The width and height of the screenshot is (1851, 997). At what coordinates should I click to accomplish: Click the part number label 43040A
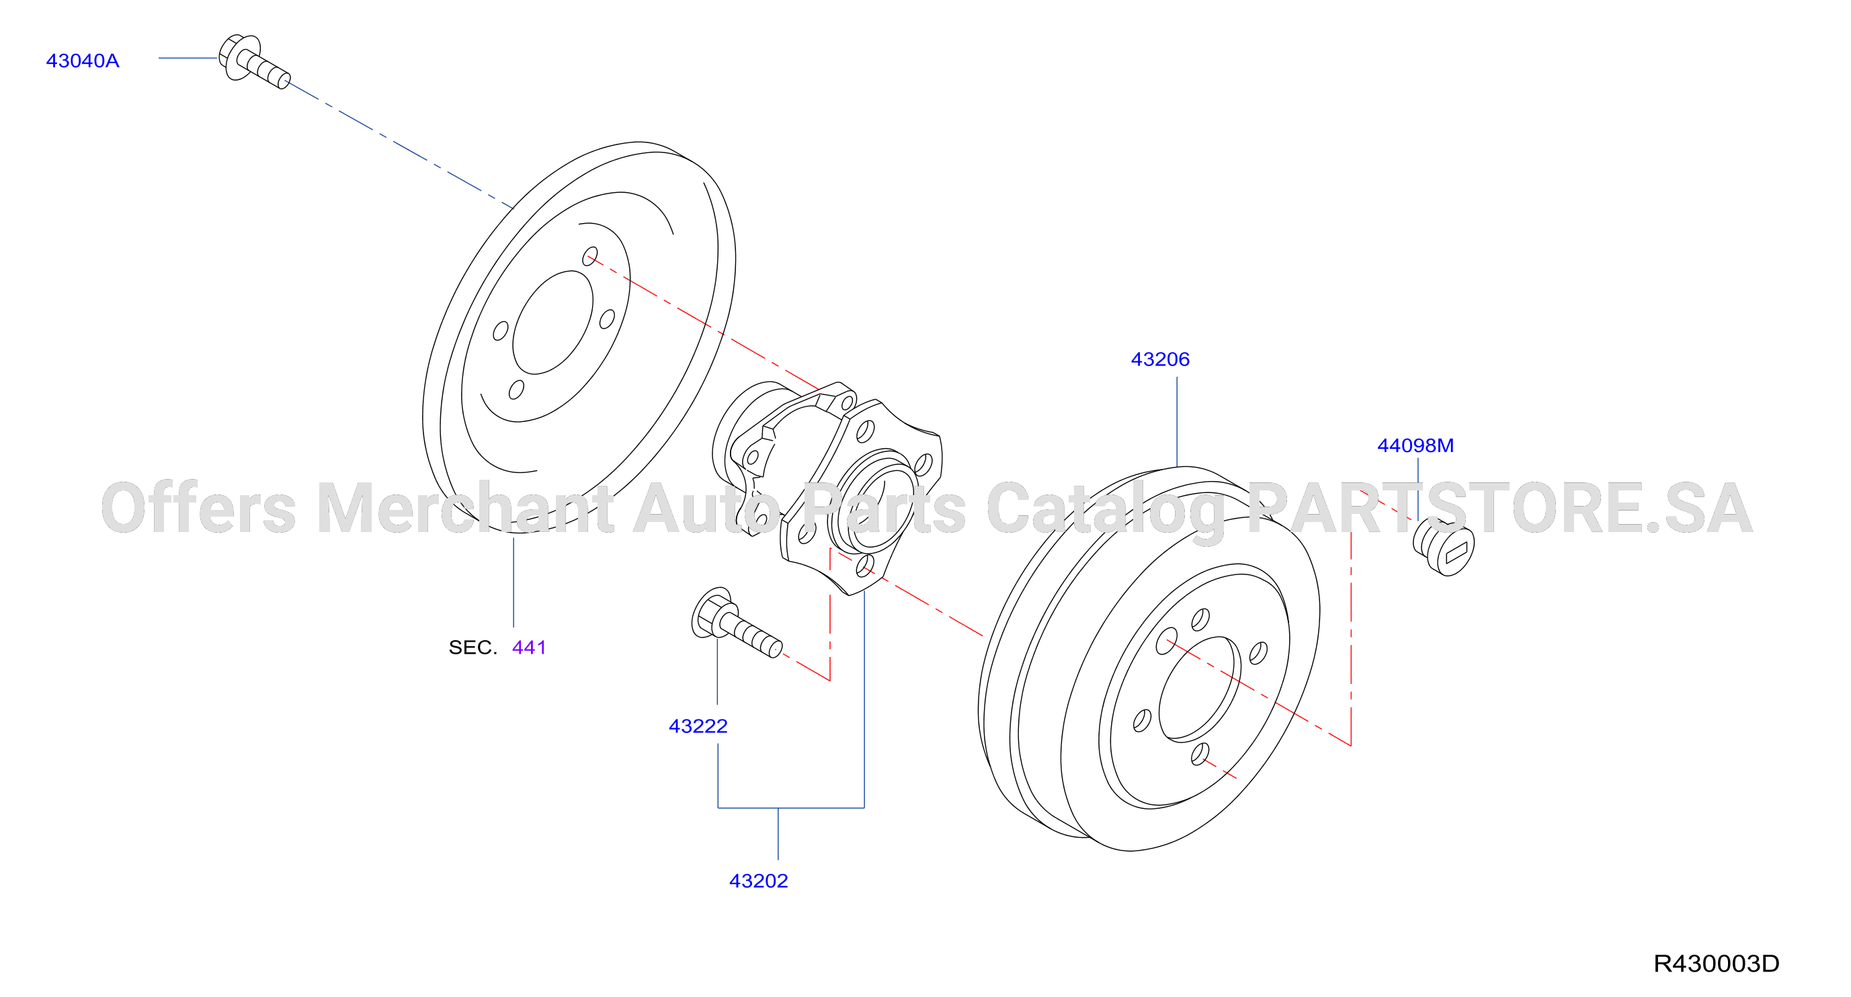pos(83,61)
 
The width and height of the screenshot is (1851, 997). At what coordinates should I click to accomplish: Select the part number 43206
pos(1160,359)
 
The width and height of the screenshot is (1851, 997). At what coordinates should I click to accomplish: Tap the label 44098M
pos(1415,445)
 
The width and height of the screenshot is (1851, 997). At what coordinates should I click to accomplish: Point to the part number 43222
pos(698,726)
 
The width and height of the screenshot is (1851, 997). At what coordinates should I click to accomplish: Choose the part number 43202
pos(758,881)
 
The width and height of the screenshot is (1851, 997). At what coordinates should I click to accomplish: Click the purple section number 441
pos(529,647)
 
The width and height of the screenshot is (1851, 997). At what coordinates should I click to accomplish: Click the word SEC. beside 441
pos(472,647)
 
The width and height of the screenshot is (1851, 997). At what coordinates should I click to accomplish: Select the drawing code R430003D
pos(1716,963)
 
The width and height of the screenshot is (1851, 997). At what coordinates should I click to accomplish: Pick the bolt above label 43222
pos(736,623)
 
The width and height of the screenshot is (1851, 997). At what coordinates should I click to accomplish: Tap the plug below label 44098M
pos(1444,548)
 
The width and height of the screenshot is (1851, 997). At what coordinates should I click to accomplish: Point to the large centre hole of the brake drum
pos(1199,689)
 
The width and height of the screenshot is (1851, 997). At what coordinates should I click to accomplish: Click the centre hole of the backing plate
pos(552,322)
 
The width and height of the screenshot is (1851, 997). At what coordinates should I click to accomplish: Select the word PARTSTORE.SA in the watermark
pos(1499,509)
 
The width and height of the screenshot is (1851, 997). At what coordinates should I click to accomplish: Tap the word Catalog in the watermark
pos(1105,511)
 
